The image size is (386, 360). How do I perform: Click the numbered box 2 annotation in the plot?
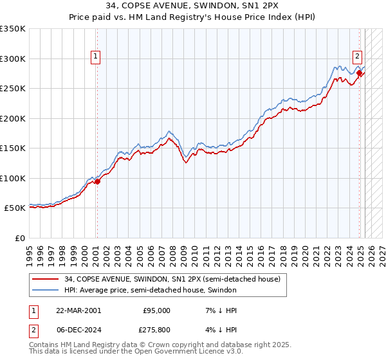click(x=357, y=56)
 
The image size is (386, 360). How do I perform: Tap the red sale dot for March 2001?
click(x=97, y=181)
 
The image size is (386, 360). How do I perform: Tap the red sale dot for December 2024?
click(x=360, y=73)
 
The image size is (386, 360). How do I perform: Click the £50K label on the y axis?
click(x=15, y=208)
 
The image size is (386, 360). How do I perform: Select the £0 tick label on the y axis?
click(x=20, y=238)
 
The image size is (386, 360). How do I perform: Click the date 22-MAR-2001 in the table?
click(x=73, y=310)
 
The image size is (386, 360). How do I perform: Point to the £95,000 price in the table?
click(x=156, y=310)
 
